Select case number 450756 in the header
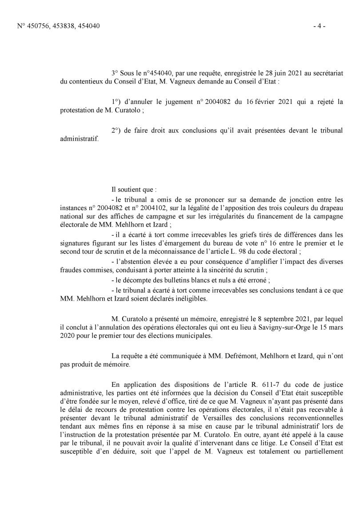point(38,26)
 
